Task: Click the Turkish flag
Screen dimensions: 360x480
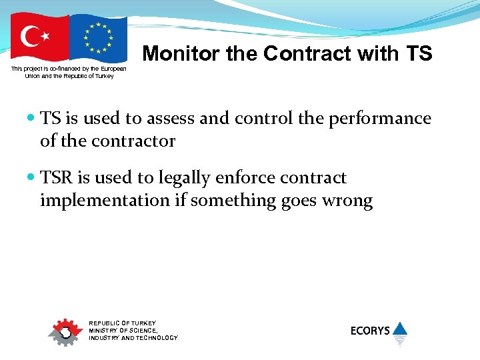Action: pyautogui.click(x=39, y=38)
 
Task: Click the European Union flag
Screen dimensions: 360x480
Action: pyautogui.click(x=98, y=38)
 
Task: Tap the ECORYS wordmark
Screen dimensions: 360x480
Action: pyautogui.click(x=370, y=331)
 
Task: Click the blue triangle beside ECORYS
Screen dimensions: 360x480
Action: pyautogui.click(x=400, y=328)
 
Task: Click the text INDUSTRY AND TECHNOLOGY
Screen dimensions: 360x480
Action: pyautogui.click(x=133, y=338)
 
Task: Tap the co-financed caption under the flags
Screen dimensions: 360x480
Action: pyautogui.click(x=69, y=72)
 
